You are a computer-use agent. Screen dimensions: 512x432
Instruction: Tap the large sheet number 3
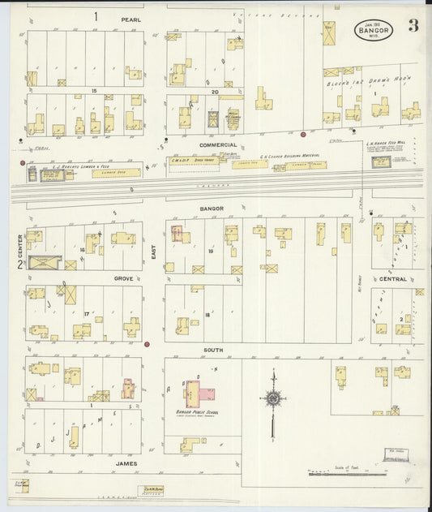pos(413,25)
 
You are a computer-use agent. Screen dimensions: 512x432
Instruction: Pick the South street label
pos(213,350)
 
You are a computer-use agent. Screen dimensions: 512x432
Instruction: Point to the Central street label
pos(392,278)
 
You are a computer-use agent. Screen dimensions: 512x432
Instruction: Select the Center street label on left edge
pos(19,240)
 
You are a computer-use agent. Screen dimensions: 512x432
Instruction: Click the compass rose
pos(274,398)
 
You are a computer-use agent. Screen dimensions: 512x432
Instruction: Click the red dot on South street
pos(147,345)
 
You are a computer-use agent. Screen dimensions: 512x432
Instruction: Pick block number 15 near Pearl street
pos(95,91)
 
